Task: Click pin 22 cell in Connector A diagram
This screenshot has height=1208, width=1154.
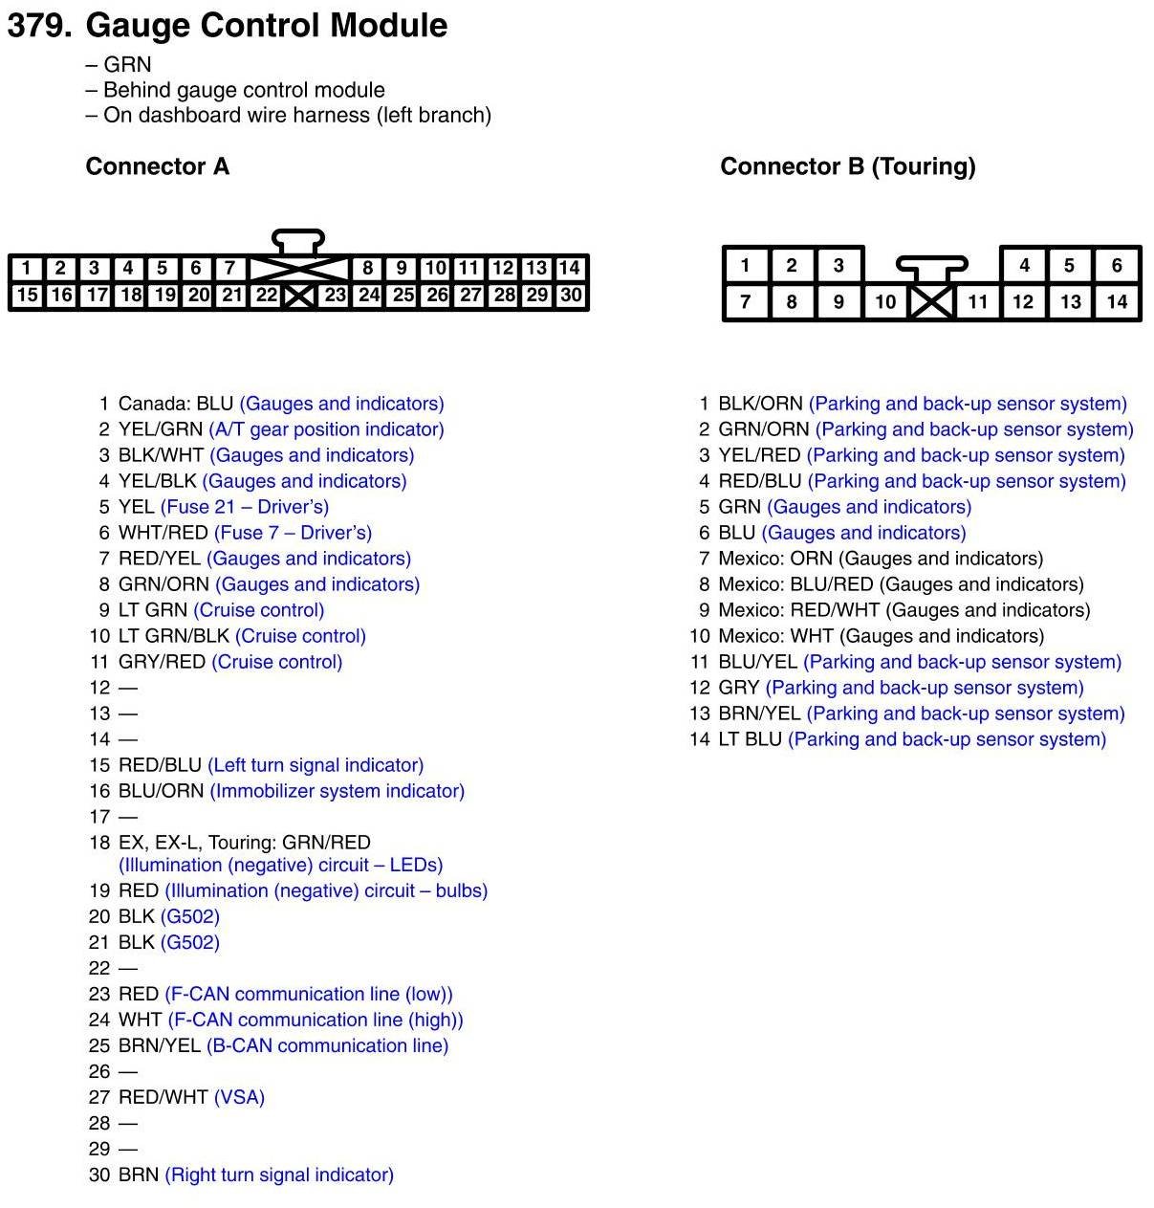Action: point(266,296)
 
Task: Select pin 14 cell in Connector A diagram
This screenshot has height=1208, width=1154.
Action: point(570,268)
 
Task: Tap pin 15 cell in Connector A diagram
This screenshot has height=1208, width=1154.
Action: point(27,296)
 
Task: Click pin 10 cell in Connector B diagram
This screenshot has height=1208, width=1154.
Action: point(885,302)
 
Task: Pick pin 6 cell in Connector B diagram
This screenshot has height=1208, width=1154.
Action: point(1116,266)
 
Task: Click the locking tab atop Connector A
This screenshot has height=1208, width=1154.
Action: point(298,240)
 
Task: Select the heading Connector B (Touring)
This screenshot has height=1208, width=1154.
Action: point(847,166)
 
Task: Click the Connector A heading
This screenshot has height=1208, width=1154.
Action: point(158,166)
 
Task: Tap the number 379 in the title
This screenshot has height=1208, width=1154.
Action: point(38,26)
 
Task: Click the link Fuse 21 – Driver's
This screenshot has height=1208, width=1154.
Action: point(245,507)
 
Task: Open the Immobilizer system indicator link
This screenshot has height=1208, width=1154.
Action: point(337,791)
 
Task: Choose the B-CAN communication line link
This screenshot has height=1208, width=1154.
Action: point(327,1045)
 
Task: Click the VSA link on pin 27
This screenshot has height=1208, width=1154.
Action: point(239,1097)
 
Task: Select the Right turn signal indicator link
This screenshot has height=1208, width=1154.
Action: point(279,1175)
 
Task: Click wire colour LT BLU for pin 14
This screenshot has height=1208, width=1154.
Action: point(750,739)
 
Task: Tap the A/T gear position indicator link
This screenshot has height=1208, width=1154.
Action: point(326,429)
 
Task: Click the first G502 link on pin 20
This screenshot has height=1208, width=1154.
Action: point(190,916)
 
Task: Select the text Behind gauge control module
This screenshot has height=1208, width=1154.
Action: point(244,90)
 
